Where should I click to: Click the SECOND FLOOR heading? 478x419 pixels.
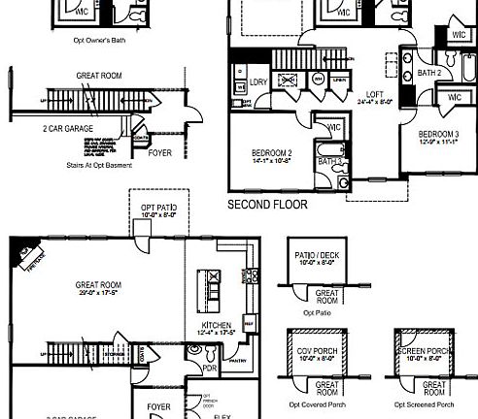(267, 206)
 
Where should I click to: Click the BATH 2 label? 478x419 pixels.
(429, 73)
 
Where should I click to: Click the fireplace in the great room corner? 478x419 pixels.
(20, 254)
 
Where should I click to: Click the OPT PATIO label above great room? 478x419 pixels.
(158, 208)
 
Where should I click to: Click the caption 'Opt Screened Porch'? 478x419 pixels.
(424, 403)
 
